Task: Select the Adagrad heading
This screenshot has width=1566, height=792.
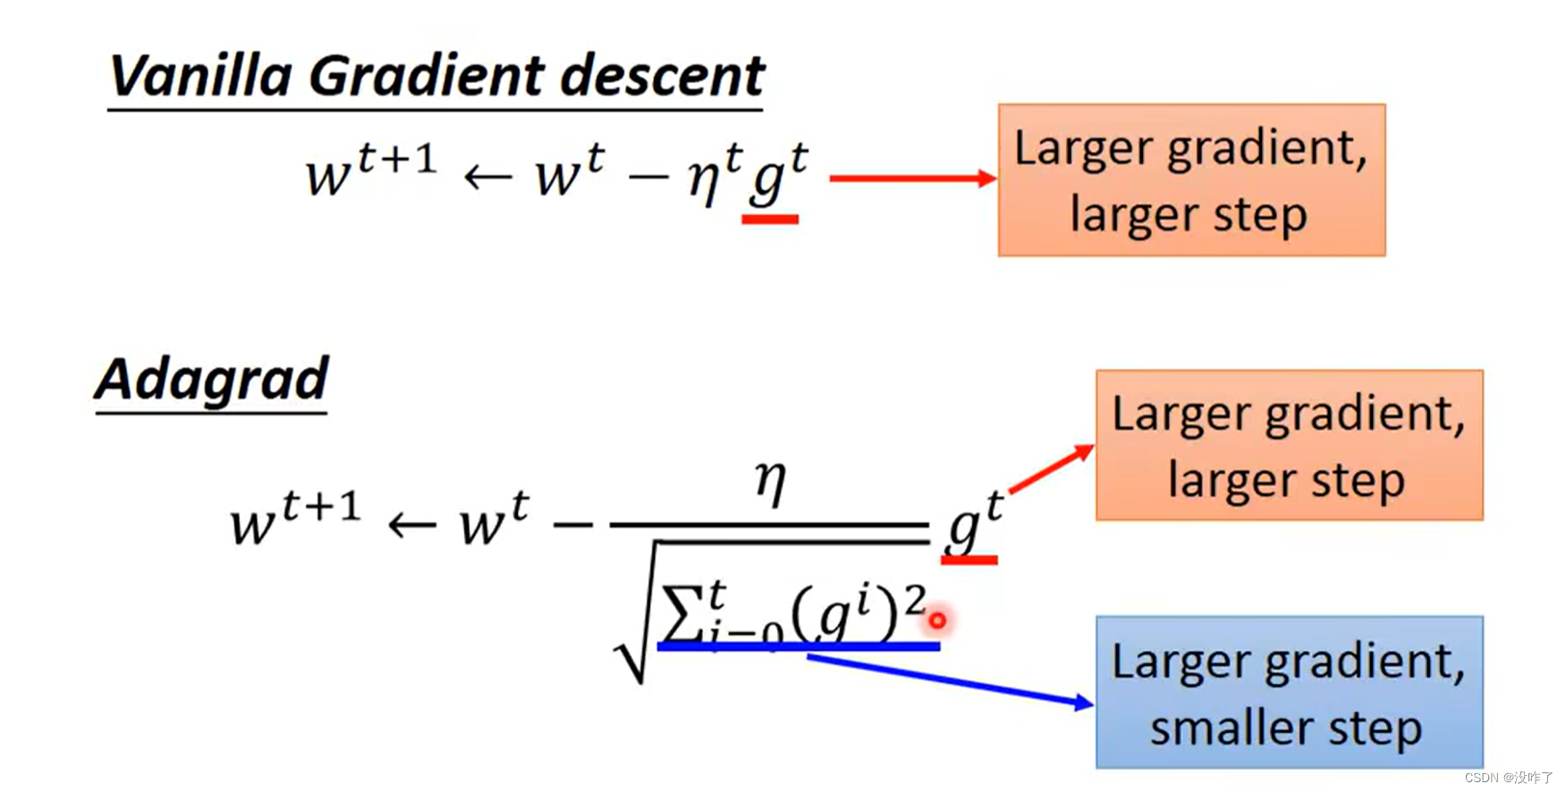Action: point(212,379)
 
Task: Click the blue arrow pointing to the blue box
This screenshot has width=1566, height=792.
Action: point(948,679)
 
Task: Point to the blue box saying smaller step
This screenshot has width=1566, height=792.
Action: point(1289,692)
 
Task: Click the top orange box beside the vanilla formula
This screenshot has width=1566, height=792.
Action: point(1191,180)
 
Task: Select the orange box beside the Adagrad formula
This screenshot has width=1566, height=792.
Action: point(1289,445)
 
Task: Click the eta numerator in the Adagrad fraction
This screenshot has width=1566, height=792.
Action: point(770,482)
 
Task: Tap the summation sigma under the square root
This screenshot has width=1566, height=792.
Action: point(681,616)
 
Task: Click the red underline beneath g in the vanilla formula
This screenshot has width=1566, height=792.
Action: point(770,218)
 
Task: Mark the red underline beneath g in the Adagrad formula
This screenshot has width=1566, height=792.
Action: point(969,560)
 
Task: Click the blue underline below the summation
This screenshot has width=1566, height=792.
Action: point(798,645)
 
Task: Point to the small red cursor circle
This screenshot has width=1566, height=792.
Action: point(936,619)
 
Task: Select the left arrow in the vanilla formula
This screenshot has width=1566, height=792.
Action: point(487,177)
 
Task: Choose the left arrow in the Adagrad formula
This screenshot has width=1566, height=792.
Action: point(411,525)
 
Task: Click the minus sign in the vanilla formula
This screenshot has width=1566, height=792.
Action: point(648,177)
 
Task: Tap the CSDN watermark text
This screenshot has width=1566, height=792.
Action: point(1508,778)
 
